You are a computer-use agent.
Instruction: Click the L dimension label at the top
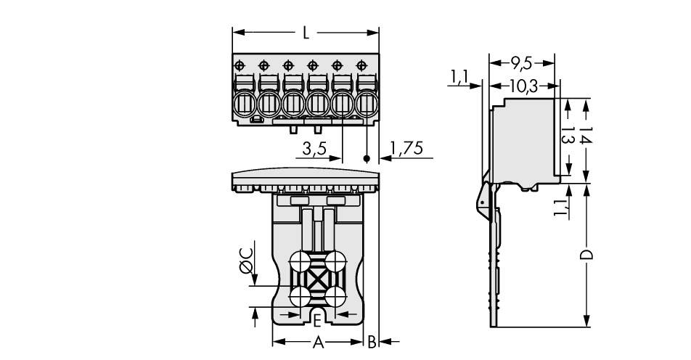(306, 33)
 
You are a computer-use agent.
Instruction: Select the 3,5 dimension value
(315, 150)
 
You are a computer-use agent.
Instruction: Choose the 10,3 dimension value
(522, 86)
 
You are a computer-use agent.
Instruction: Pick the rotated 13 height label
(568, 136)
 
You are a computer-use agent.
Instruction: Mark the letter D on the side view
(586, 254)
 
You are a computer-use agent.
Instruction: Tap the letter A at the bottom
(317, 342)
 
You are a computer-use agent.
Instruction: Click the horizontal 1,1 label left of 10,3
(458, 76)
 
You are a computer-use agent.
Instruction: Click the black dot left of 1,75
(367, 158)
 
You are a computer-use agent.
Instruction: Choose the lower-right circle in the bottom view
(335, 296)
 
